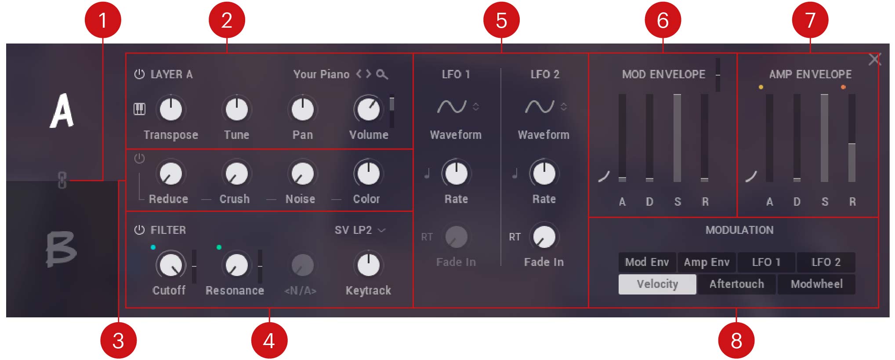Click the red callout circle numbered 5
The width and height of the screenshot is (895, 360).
click(x=501, y=20)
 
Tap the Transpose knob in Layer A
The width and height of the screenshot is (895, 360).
click(x=171, y=109)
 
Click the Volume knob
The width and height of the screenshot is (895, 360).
click(x=368, y=109)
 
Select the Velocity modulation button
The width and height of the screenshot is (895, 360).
click(x=657, y=284)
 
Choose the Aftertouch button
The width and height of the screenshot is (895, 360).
click(x=737, y=284)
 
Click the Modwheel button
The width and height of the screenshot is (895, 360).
click(x=816, y=284)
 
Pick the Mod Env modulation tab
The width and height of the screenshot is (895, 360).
click(x=647, y=262)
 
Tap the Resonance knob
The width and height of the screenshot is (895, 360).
click(x=236, y=265)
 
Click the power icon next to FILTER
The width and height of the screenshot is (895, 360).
click(x=139, y=230)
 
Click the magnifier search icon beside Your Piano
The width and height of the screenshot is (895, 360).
click(x=382, y=74)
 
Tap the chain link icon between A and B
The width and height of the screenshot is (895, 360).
click(x=62, y=180)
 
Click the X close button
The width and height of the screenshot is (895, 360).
click(x=874, y=59)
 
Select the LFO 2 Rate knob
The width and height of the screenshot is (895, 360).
click(x=544, y=173)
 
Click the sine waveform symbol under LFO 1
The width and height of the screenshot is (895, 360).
click(x=452, y=106)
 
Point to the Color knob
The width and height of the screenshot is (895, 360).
click(x=368, y=173)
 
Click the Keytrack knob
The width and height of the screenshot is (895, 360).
click(x=368, y=265)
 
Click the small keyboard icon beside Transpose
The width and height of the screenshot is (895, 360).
click(x=139, y=109)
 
